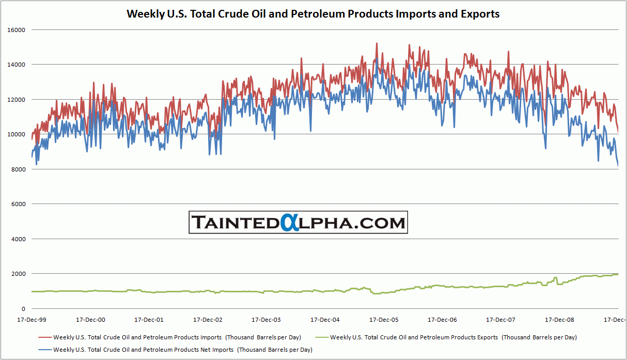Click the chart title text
[x=313, y=14]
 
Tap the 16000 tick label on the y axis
[x=17, y=30]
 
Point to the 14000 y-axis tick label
[x=17, y=65]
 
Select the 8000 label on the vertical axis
[x=18, y=169]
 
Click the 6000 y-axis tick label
[x=18, y=205]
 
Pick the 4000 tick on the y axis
[x=18, y=239]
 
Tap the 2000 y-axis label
[x=18, y=274]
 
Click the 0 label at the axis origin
[x=23, y=309]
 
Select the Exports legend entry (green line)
[x=453, y=337]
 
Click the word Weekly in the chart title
[x=144, y=14]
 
